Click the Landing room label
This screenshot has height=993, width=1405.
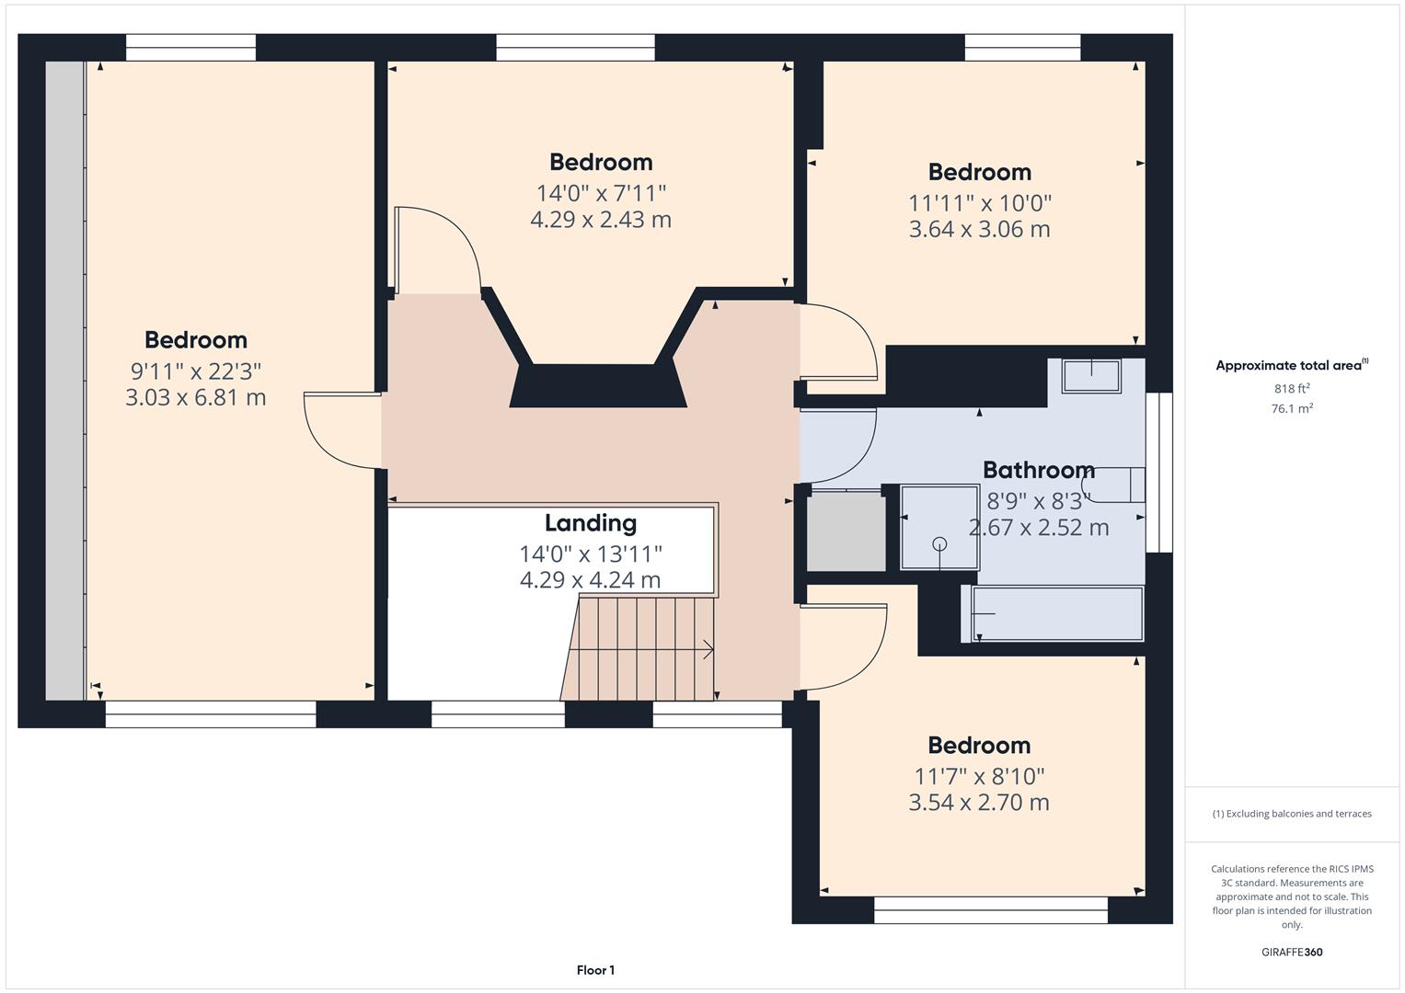(590, 523)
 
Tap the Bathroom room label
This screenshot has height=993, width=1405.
(1038, 470)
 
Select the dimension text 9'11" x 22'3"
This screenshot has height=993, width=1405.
(196, 371)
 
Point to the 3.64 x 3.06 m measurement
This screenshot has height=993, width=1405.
(979, 229)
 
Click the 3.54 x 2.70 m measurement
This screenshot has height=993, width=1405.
(978, 803)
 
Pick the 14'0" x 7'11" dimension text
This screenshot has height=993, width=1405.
(601, 193)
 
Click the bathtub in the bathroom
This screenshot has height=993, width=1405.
(1056, 614)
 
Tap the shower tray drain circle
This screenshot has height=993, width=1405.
(939, 543)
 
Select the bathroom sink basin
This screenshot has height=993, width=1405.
(1091, 376)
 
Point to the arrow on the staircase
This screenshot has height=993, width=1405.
(708, 650)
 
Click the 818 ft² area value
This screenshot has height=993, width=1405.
(1291, 389)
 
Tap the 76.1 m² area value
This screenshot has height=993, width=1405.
(1291, 409)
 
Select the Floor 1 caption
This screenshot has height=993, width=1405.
(595, 970)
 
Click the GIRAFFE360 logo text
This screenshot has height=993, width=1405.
(1291, 952)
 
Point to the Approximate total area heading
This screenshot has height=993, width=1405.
(1290, 366)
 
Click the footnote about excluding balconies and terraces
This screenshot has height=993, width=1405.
(1291, 814)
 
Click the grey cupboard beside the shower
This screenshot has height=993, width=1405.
(846, 532)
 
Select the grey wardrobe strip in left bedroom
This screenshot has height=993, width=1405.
(64, 381)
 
